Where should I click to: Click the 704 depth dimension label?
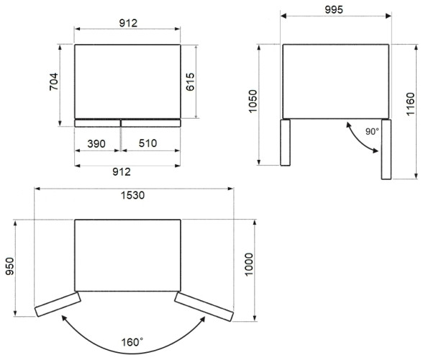[x=54, y=81]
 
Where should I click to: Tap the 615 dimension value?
[x=191, y=82]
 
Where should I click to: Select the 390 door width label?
[x=96, y=144]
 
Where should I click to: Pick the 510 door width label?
[x=148, y=143]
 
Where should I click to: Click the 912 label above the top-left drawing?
[x=128, y=23]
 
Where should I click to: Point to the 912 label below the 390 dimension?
[x=122, y=172]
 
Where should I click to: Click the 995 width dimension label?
[x=334, y=10]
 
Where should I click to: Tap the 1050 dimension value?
[x=253, y=102]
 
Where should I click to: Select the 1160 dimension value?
[x=410, y=104]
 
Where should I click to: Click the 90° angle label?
[x=372, y=132]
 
